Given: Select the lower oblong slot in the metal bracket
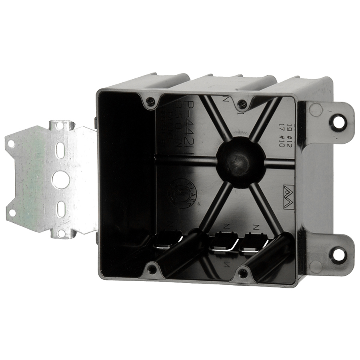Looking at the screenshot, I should [60, 209].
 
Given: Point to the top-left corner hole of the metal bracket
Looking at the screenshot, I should [11, 144].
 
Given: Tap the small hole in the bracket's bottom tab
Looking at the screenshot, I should [61, 232].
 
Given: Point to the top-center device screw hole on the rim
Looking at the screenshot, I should [242, 105].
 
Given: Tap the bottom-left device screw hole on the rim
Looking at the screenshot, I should [152, 269].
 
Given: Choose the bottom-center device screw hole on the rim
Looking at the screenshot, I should [242, 274].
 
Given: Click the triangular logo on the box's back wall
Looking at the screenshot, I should [288, 191].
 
